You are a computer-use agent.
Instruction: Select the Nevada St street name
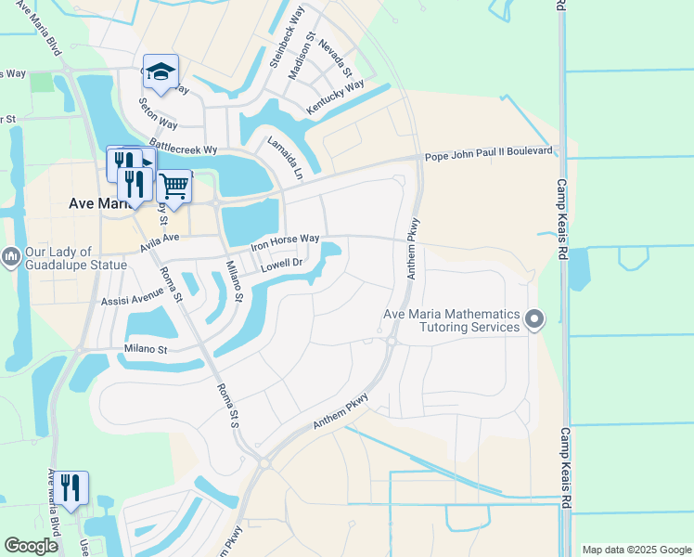click(335, 58)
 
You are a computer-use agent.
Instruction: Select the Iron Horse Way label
click(286, 243)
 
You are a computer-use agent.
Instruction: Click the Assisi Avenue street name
click(132, 298)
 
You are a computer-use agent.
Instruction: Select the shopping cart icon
click(174, 186)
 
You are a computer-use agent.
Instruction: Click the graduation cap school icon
click(161, 71)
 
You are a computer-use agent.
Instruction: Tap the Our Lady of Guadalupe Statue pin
click(11, 254)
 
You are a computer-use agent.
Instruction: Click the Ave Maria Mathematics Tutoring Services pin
click(533, 320)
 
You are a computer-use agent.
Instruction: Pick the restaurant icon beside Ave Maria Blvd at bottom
click(71, 486)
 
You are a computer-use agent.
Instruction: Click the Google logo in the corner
click(31, 546)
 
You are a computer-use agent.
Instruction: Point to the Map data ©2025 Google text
click(636, 550)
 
